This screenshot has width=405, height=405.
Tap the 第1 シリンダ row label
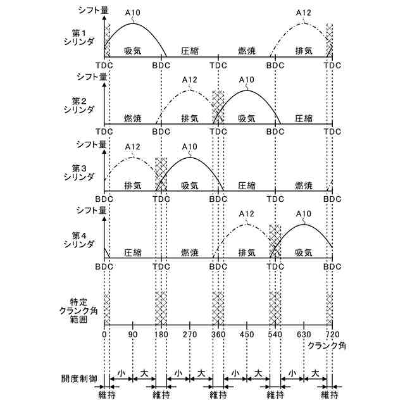[x=83, y=36]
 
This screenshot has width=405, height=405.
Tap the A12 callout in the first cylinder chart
[x=304, y=12]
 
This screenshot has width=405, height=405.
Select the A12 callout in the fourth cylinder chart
[x=247, y=213]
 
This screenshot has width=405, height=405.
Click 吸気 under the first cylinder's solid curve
[x=133, y=50]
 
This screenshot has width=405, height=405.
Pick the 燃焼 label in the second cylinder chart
[x=133, y=118]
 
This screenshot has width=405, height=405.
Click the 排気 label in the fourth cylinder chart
[x=247, y=252]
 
